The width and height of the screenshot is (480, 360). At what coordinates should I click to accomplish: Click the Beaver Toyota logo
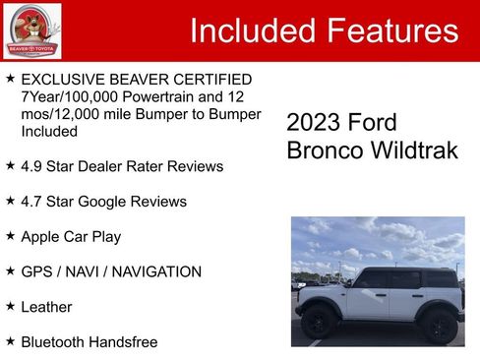point(31,31)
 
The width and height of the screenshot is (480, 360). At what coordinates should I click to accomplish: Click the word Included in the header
point(254,30)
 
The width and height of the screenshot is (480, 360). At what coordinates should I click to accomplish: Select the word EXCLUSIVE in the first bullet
point(63,79)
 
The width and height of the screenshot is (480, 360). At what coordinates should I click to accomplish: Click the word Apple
point(42,236)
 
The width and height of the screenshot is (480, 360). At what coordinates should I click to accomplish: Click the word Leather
point(46,307)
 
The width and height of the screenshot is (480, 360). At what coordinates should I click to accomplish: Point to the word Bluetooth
point(56,341)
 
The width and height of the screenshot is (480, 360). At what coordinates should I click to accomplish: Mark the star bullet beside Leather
point(10,306)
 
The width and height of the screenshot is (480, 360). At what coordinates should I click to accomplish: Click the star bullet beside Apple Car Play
point(10,236)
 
